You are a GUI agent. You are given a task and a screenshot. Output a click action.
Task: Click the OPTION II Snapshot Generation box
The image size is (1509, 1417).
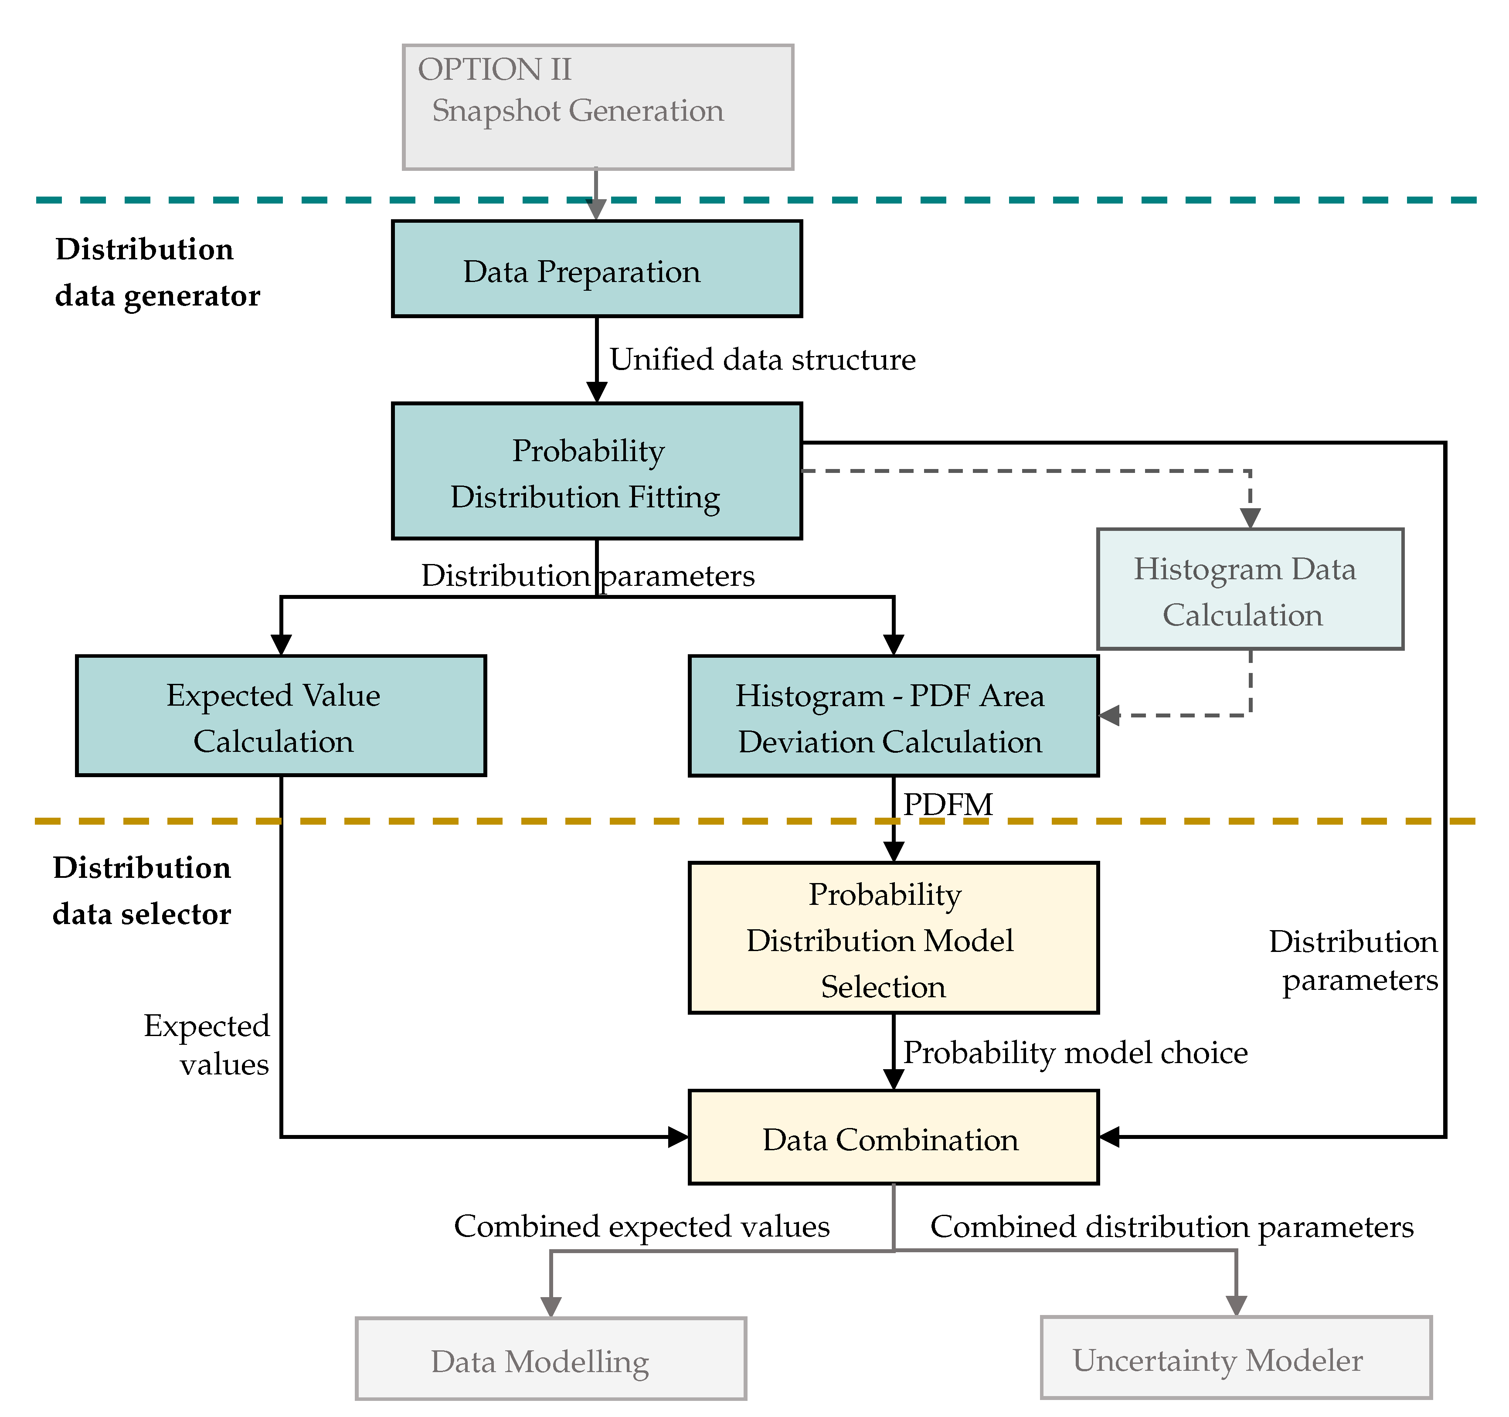(x=598, y=107)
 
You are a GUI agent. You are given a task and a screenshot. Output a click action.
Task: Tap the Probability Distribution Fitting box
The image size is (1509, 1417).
(x=597, y=471)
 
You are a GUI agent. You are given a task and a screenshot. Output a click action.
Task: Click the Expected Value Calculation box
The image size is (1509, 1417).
(x=281, y=716)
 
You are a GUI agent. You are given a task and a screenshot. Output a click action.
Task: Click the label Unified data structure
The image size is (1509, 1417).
(x=762, y=360)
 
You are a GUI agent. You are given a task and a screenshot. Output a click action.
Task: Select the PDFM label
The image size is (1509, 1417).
(x=947, y=805)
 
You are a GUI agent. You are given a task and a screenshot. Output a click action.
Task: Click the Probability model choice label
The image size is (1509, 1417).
(x=1075, y=1053)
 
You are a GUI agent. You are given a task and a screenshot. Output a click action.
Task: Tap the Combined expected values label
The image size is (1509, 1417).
(x=642, y=1226)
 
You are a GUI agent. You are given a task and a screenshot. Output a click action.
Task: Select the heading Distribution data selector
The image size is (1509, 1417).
(x=142, y=891)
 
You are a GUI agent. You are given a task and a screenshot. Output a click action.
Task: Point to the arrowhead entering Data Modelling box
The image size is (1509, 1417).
(x=551, y=1306)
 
